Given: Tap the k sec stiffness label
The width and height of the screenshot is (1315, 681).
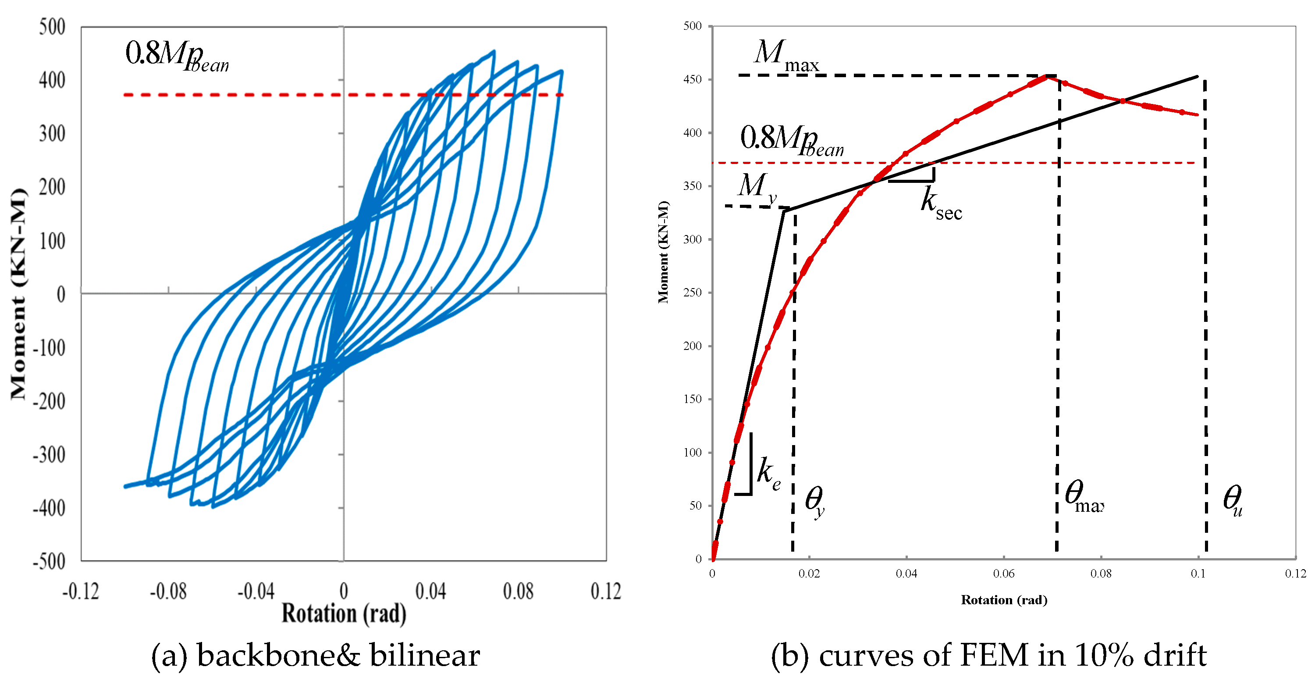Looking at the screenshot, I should [940, 204].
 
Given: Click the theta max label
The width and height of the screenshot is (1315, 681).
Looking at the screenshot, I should [1083, 496].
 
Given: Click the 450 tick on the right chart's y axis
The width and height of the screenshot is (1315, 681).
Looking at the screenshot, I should [692, 79].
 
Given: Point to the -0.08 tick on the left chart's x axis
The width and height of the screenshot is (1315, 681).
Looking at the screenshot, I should [168, 591].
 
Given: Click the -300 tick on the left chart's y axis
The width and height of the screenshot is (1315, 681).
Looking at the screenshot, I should [50, 454].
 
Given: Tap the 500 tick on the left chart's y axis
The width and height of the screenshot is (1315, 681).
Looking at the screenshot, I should [52, 27].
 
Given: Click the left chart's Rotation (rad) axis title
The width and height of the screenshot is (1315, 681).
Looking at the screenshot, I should [344, 613].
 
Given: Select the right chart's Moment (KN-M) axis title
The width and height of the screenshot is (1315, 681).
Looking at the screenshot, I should [663, 252].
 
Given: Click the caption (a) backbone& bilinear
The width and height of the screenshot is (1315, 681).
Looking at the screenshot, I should [316, 656].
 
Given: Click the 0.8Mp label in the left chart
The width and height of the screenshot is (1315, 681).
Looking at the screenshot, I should [176, 55].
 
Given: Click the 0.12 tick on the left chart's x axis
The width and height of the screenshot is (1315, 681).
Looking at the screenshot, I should [605, 591].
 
